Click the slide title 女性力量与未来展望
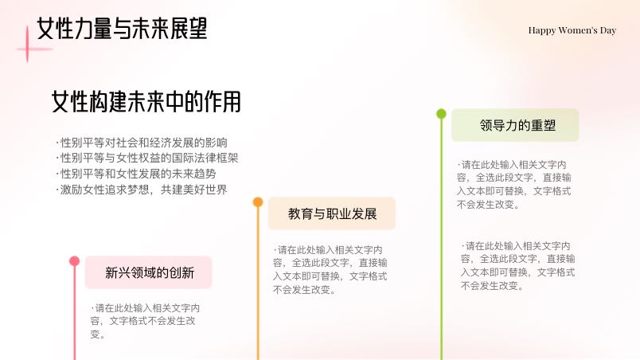[122, 29]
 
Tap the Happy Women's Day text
[572, 30]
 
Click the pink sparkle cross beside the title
[28, 49]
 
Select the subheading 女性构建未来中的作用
[146, 102]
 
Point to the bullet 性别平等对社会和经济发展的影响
[141, 143]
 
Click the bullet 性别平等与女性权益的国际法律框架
[146, 158]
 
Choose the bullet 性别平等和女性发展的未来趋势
[135, 174]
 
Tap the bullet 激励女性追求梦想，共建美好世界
[141, 190]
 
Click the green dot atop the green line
[441, 113]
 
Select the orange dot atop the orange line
[258, 202]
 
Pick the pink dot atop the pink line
[74, 261]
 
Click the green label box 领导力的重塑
[515, 125]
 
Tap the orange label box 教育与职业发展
[332, 213]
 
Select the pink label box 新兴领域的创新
[149, 272]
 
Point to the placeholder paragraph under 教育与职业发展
[330, 269]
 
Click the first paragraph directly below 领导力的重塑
[514, 184]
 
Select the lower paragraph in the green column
[518, 265]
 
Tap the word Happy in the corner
[541, 31]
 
